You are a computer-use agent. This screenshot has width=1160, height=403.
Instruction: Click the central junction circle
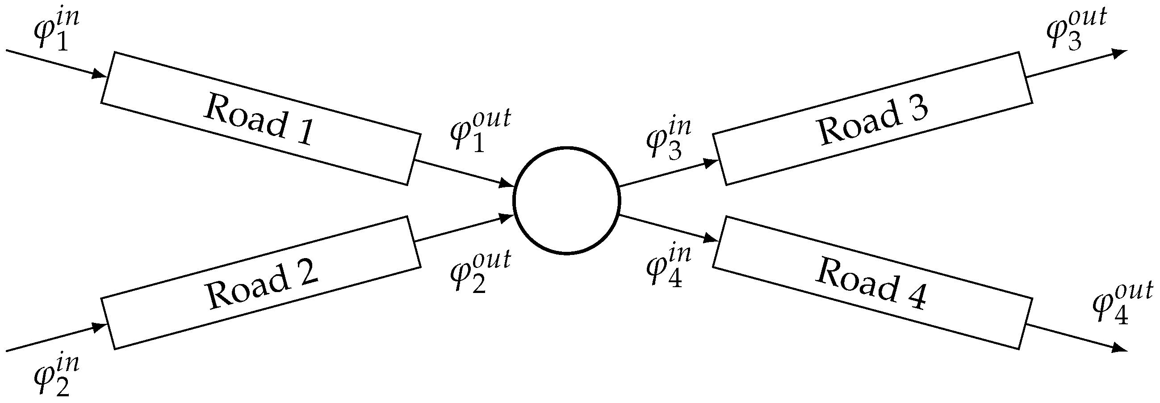(x=567, y=200)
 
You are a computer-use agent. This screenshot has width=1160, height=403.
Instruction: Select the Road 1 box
(x=261, y=119)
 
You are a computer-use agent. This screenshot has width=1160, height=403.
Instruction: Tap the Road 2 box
(x=261, y=283)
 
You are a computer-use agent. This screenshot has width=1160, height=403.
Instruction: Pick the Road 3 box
(x=872, y=119)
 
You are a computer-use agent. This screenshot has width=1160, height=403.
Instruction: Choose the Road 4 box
(x=872, y=283)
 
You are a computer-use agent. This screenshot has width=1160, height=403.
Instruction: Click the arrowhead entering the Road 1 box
(x=99, y=74)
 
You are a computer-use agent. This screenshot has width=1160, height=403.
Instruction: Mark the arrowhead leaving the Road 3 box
(x=1118, y=53)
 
